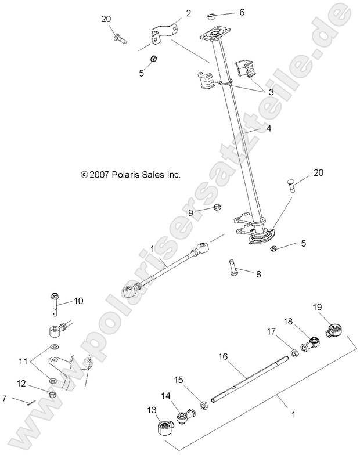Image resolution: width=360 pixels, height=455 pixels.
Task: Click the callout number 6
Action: pos(242,12)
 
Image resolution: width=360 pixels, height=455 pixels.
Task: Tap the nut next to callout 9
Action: pos(217,207)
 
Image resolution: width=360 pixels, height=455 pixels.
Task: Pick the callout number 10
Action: pos(78,301)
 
